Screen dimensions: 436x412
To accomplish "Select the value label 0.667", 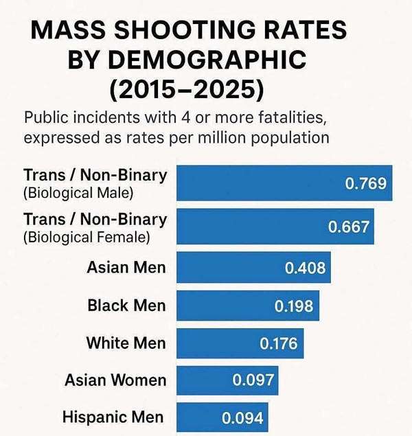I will [x=349, y=227].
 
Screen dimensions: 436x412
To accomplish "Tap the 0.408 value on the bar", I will [x=305, y=267].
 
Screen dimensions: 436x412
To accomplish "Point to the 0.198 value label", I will [x=294, y=306].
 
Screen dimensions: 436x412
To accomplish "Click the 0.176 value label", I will [x=278, y=343].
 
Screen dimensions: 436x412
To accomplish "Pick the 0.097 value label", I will [x=253, y=380].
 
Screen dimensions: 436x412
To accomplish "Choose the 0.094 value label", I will [x=242, y=417].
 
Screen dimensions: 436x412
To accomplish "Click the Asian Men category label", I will [x=126, y=267].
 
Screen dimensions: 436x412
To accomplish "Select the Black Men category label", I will [x=126, y=305].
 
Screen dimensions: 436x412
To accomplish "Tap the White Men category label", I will [x=126, y=343].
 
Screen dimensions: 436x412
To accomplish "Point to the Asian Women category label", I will [x=115, y=380].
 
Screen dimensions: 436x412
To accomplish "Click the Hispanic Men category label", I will [x=113, y=417].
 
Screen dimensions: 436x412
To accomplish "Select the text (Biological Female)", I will [x=85, y=238].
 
